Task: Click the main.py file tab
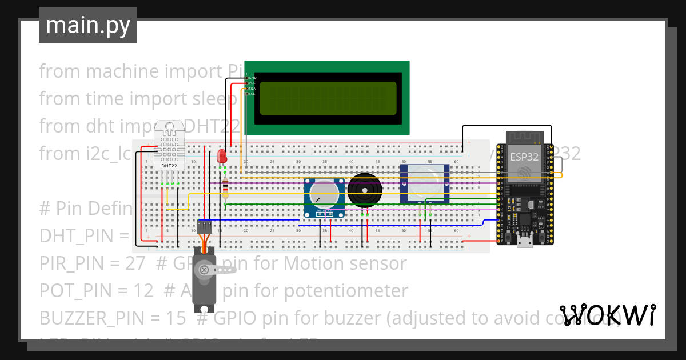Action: [x=88, y=25]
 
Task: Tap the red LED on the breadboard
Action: [x=222, y=156]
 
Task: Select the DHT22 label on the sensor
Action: [x=169, y=166]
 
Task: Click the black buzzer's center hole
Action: [x=362, y=190]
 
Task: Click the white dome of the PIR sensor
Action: [x=424, y=181]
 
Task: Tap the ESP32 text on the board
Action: [x=523, y=156]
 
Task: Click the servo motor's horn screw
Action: [x=204, y=270]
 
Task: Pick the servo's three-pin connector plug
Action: [x=204, y=227]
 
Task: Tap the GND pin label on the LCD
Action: [x=252, y=77]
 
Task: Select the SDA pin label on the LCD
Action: [x=252, y=88]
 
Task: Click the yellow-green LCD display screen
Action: [x=328, y=98]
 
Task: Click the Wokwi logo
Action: [x=607, y=315]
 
